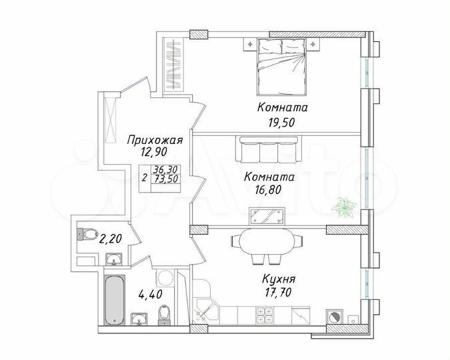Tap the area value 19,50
click(x=280, y=122)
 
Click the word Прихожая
click(x=154, y=140)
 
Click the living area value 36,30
click(x=164, y=170)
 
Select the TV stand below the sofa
click(x=267, y=215)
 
